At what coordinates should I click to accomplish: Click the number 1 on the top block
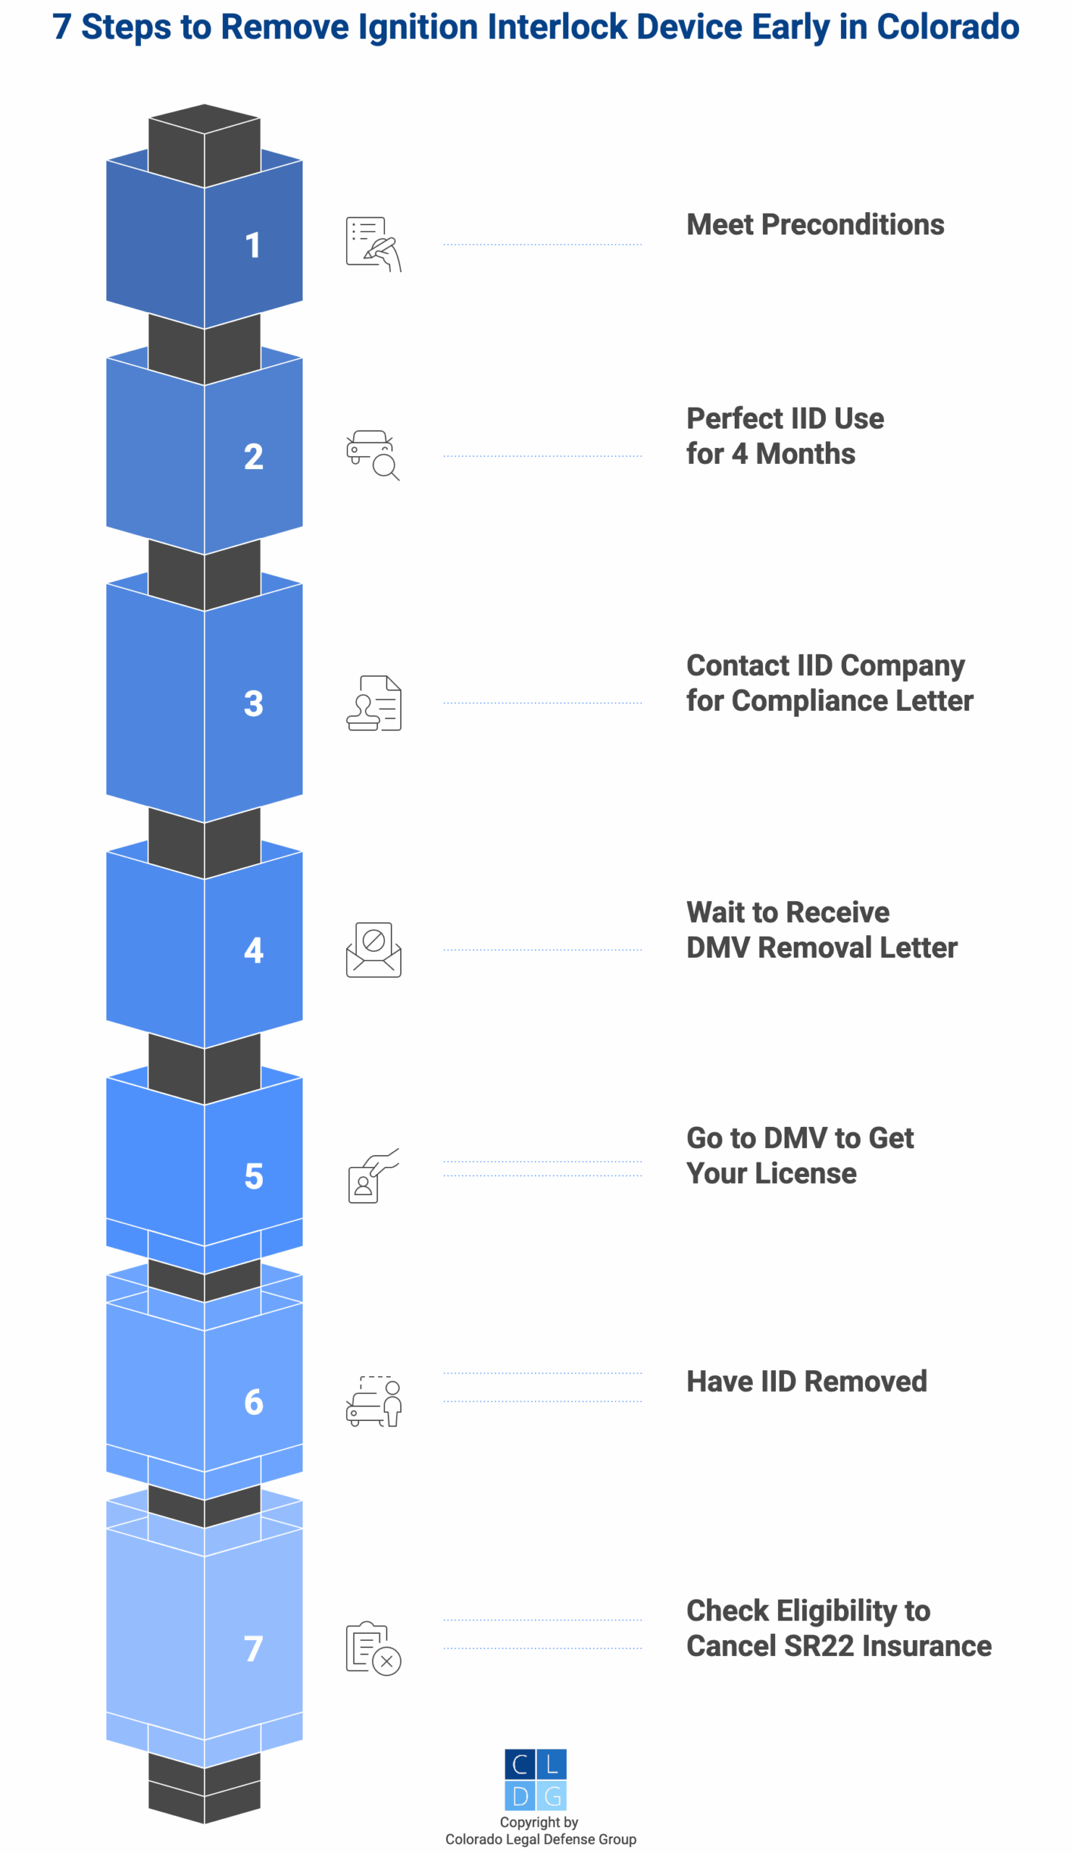252,245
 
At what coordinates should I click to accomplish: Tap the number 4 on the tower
253,951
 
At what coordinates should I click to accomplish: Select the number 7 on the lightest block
253,1650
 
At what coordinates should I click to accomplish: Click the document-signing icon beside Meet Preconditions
373,244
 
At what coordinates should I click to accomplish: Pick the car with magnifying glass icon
373,455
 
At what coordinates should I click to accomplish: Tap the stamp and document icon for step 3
373,703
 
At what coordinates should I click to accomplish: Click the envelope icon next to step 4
373,950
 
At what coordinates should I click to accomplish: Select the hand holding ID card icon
372,1175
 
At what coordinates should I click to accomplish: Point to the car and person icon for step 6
373,1401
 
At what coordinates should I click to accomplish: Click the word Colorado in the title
948,28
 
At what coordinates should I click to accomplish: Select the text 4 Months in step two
793,455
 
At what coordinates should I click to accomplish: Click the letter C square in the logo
520,1765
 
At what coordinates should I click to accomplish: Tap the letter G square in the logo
552,1797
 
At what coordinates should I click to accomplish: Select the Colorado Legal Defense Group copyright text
541,1839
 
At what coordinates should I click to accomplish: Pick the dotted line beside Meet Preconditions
543,244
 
